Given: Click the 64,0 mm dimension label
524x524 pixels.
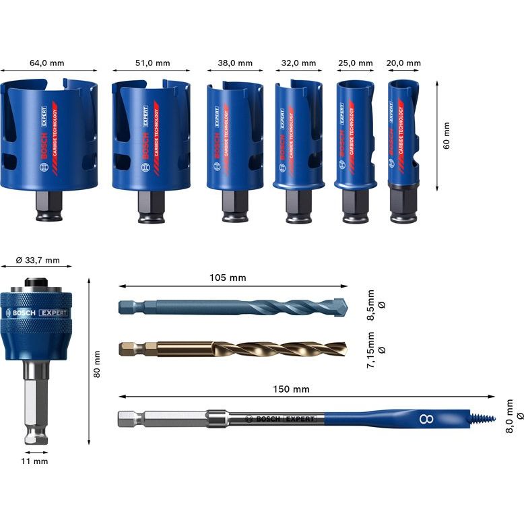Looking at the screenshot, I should pyautogui.click(x=47, y=63).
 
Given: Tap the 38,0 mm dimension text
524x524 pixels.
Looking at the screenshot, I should pyautogui.click(x=235, y=63).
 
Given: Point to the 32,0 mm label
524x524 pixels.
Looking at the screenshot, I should pyautogui.click(x=298, y=63).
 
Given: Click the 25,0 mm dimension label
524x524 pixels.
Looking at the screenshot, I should pyautogui.click(x=355, y=63).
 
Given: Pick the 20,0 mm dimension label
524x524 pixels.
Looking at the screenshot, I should pyautogui.click(x=403, y=63).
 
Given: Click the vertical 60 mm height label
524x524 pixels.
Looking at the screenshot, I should pyautogui.click(x=447, y=135).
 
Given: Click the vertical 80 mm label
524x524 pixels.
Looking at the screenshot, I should pyautogui.click(x=97, y=363).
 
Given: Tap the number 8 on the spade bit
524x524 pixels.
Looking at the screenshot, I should pyautogui.click(x=426, y=420).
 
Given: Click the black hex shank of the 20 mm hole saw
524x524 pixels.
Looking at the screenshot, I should pyautogui.click(x=403, y=204).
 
